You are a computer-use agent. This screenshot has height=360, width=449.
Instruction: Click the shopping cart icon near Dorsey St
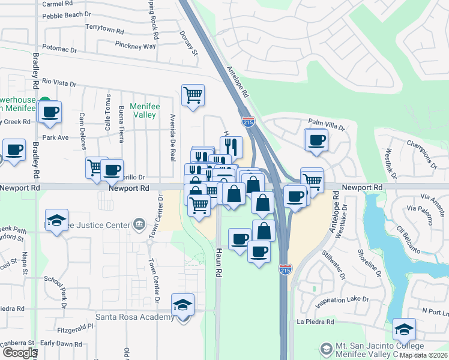coord(193,95)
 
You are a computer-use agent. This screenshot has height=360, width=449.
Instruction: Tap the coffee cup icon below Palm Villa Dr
coord(316,141)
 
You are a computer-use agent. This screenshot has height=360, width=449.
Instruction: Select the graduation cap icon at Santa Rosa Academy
coord(183,305)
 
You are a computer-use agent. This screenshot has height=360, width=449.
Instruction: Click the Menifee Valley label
coord(145,110)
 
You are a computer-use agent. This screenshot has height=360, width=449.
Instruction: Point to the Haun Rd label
coord(219,263)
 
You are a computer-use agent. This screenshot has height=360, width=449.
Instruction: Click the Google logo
coord(19,353)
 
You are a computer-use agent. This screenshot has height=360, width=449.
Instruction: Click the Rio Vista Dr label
coord(59,82)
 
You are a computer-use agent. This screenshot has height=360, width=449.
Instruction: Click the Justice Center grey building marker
coord(139,225)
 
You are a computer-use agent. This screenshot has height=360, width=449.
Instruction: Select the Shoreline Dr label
coord(369,264)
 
